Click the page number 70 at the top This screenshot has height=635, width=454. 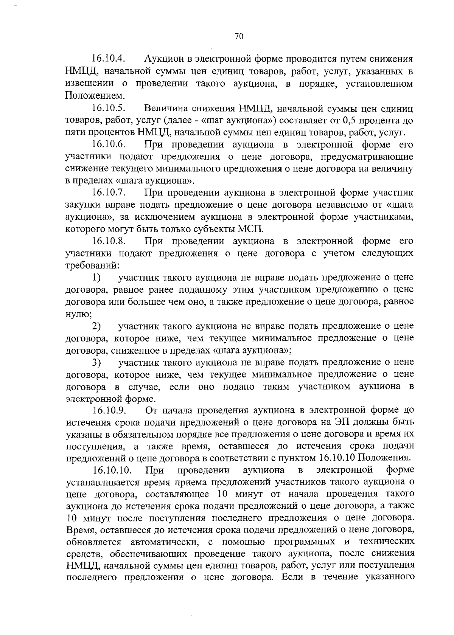pyautogui.click(x=239, y=36)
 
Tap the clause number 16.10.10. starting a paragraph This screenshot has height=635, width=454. pyautogui.click(x=112, y=470)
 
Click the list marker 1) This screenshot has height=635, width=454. pyautogui.click(x=96, y=278)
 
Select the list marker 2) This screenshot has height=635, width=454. pyautogui.click(x=96, y=326)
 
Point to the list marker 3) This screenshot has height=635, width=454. pyautogui.click(x=96, y=362)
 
